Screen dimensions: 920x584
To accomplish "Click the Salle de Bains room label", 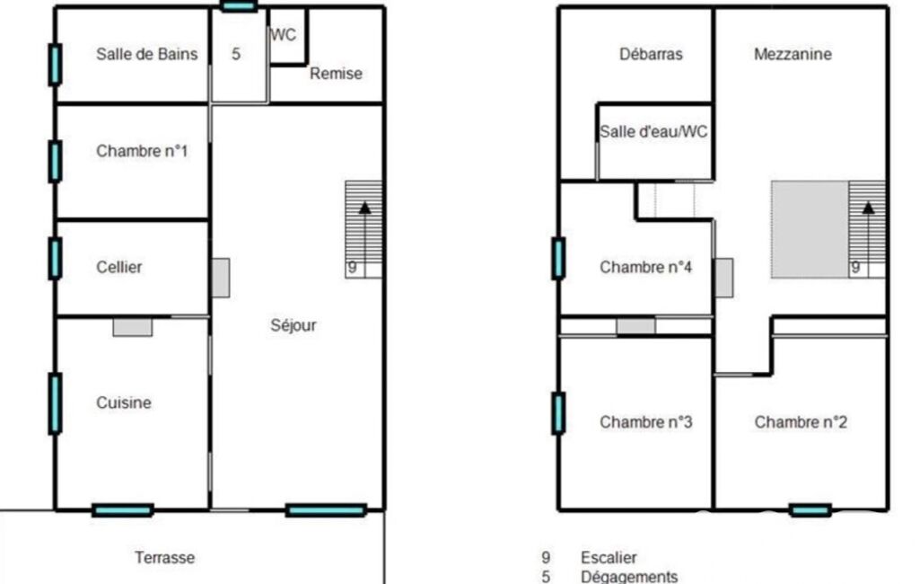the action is click(x=146, y=54).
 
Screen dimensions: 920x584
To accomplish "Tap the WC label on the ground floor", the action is click(x=284, y=35).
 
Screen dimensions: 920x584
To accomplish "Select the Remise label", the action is click(x=336, y=74).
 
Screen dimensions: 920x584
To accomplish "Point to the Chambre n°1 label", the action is click(x=142, y=151).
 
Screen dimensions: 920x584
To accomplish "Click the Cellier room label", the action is click(x=119, y=268).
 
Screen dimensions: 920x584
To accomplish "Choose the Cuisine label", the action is click(x=124, y=403).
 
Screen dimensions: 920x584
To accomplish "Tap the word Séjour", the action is click(x=294, y=325).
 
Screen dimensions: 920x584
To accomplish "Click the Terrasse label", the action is click(x=165, y=558).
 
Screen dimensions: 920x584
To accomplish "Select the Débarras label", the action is click(x=652, y=54).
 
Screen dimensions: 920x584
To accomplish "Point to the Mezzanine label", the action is click(x=793, y=54).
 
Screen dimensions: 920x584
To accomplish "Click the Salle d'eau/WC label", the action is click(x=653, y=131).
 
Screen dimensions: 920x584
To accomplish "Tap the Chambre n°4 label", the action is click(x=646, y=268).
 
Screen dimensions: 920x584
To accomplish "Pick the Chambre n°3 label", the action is click(x=646, y=422).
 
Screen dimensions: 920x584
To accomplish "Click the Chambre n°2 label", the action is click(x=801, y=422).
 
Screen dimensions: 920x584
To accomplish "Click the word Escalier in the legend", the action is click(x=609, y=558).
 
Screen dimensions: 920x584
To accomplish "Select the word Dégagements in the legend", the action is click(x=629, y=576).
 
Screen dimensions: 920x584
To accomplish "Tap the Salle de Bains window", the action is click(x=55, y=65).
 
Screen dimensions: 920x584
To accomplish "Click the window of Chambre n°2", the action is click(x=810, y=510).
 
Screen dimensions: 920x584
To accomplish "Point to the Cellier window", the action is click(x=55, y=258).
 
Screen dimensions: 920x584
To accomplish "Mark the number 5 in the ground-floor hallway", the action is click(x=236, y=54).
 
